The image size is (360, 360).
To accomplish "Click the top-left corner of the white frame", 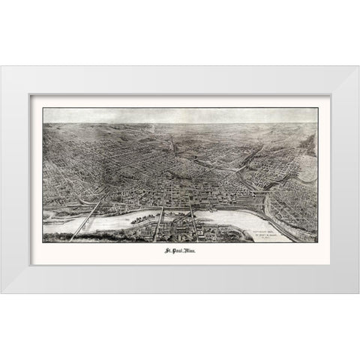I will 1,67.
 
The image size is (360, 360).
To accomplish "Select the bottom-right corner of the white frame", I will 358,292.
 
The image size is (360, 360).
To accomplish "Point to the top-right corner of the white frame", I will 358,67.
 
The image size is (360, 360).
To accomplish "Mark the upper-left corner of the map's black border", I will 43,108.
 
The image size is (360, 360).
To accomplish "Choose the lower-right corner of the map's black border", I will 317,242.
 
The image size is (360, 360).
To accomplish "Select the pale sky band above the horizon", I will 180,115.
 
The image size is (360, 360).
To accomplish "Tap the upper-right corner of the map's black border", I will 317,108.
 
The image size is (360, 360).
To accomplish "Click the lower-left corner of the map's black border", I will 43,242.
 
